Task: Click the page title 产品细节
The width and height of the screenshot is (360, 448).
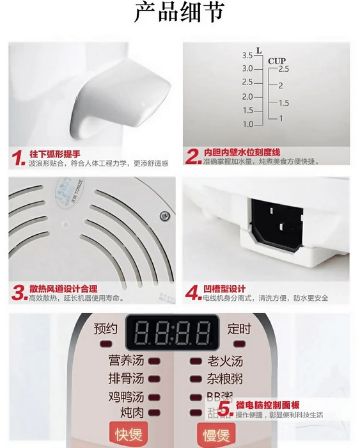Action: (x=179, y=13)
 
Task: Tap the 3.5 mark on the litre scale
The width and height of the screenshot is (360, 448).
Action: (x=247, y=56)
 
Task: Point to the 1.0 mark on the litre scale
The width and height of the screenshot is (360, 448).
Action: (x=247, y=124)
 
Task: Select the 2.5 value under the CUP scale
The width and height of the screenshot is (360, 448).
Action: (x=283, y=68)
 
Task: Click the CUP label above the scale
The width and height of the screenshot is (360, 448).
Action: (x=276, y=61)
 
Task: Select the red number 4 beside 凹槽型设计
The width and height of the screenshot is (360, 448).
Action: (x=192, y=293)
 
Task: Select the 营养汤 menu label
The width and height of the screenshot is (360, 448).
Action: (x=125, y=361)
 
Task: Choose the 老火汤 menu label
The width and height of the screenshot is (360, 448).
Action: (x=225, y=361)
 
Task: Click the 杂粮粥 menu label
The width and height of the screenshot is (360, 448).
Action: (x=225, y=379)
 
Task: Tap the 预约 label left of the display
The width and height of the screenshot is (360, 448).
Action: (x=106, y=329)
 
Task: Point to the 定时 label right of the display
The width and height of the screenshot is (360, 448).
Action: (x=239, y=329)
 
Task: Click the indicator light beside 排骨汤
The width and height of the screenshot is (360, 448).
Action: (x=153, y=379)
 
